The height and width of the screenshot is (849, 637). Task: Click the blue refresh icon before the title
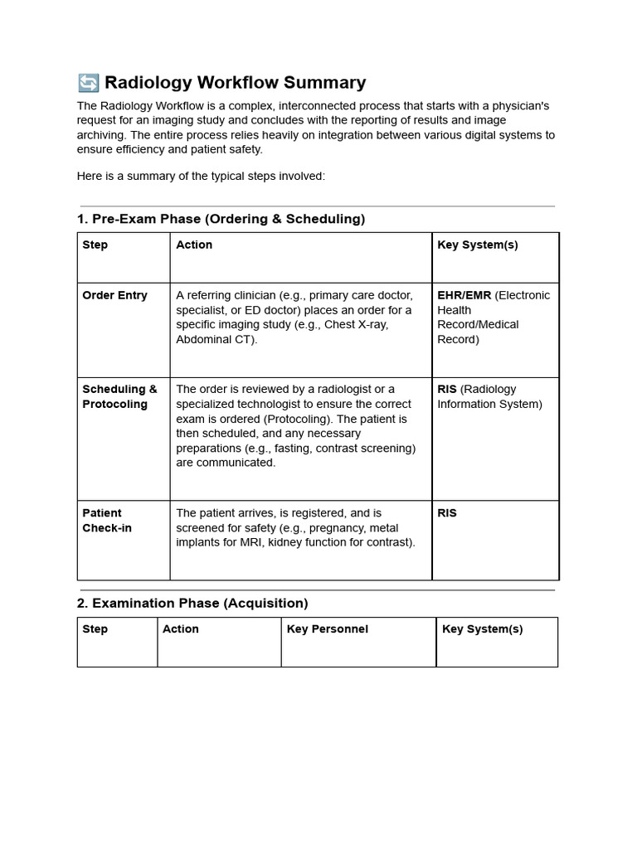click(x=88, y=83)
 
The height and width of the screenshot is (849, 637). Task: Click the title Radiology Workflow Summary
click(x=234, y=83)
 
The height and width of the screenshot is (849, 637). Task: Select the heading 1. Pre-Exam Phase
click(x=221, y=219)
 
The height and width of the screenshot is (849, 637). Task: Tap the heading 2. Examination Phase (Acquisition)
click(x=192, y=603)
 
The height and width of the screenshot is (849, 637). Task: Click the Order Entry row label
click(x=114, y=295)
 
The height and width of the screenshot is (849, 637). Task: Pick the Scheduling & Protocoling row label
click(x=119, y=396)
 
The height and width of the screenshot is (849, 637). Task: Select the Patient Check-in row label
click(x=107, y=521)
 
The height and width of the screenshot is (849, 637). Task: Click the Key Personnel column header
click(x=327, y=629)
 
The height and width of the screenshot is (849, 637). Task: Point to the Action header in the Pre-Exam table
click(x=194, y=245)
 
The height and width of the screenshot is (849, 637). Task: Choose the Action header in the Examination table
click(x=180, y=629)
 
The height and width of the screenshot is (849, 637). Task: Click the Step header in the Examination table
click(x=95, y=629)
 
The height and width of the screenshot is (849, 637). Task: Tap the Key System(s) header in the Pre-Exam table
click(x=477, y=245)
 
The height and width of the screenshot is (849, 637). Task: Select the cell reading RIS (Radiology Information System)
click(x=489, y=396)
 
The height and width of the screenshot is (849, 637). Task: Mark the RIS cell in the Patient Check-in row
click(x=447, y=513)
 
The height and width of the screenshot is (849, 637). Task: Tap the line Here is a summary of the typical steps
click(x=201, y=176)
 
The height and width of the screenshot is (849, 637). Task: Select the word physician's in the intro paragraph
click(x=512, y=106)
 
